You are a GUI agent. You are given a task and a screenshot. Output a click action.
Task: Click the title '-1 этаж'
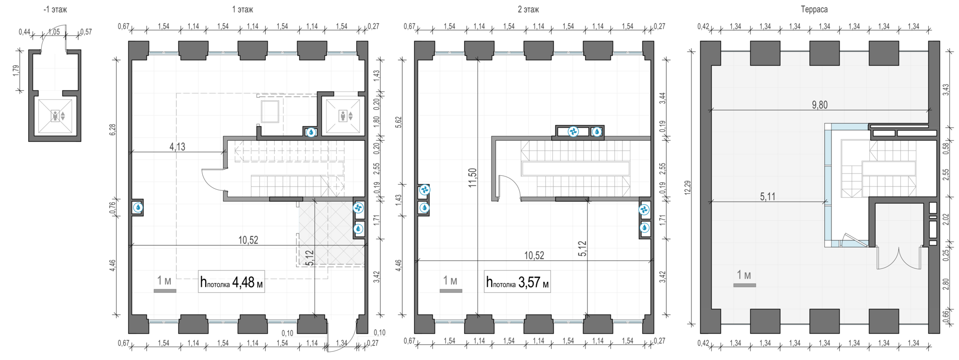tap(55, 9)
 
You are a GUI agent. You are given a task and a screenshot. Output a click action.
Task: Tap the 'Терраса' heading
tap(814, 9)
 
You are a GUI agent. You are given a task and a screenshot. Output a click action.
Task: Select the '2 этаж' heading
tap(528, 9)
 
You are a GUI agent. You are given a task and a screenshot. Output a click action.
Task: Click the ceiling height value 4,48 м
tap(247, 282)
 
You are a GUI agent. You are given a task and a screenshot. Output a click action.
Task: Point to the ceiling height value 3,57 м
tap(533, 282)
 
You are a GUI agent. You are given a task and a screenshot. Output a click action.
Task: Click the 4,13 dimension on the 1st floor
tap(177, 147)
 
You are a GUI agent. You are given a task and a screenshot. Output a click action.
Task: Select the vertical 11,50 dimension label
tap(472, 177)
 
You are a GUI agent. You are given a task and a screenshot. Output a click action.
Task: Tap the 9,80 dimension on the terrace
tap(819, 105)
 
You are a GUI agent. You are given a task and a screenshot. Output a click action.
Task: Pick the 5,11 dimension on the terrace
tap(767, 197)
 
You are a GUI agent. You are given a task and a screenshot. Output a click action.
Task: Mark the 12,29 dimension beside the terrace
tap(688, 187)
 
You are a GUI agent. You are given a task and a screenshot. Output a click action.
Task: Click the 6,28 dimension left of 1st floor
tap(112, 130)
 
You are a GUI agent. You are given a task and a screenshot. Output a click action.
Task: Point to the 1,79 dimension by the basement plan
tap(16, 70)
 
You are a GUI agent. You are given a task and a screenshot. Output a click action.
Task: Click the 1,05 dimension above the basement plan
tap(54, 32)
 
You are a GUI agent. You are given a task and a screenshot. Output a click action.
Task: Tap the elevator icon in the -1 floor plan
tap(55, 116)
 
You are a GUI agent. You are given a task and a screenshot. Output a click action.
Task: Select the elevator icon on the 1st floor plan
tap(342, 116)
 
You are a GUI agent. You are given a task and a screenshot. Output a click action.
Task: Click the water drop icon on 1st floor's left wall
tap(138, 208)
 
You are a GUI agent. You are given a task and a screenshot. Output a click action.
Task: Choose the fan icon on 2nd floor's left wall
tap(424, 190)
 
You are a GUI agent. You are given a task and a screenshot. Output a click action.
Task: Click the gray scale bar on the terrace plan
tap(744, 285)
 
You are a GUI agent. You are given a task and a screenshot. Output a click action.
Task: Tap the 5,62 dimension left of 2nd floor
tap(398, 122)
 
